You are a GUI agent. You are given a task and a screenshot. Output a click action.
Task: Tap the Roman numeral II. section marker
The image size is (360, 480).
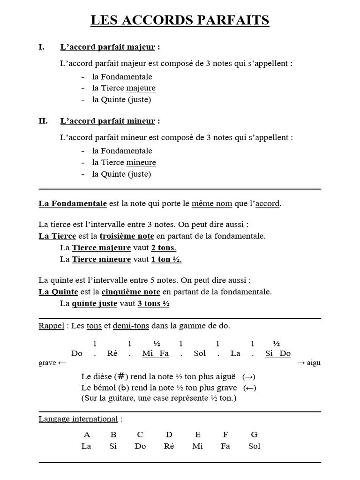pyautogui.click(x=43, y=121)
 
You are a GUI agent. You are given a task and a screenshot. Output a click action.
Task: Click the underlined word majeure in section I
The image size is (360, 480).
pyautogui.click(x=141, y=88)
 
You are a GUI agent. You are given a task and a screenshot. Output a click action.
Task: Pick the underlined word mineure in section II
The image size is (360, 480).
pyautogui.click(x=141, y=163)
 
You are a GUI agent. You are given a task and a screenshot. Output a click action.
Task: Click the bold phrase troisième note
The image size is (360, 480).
pyautogui.click(x=130, y=236)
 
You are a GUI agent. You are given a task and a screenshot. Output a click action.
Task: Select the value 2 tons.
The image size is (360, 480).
pyautogui.click(x=164, y=248)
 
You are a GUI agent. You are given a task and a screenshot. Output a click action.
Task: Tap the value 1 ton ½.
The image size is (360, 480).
pyautogui.click(x=166, y=260)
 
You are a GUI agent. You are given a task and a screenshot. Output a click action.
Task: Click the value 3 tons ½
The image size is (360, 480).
pyautogui.click(x=153, y=304)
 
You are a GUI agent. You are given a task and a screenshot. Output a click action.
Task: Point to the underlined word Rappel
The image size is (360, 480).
pyautogui.click(x=51, y=326)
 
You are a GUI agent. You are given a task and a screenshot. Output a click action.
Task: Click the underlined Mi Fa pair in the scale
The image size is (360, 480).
pyautogui.click(x=155, y=353)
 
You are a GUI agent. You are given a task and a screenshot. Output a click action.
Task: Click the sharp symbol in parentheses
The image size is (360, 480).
pyautogui.click(x=121, y=376)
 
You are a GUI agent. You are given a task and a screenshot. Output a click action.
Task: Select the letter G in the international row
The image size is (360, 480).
pyautogui.click(x=255, y=435)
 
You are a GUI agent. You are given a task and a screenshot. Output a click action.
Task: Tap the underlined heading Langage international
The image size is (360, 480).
pyautogui.click(x=78, y=419)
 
